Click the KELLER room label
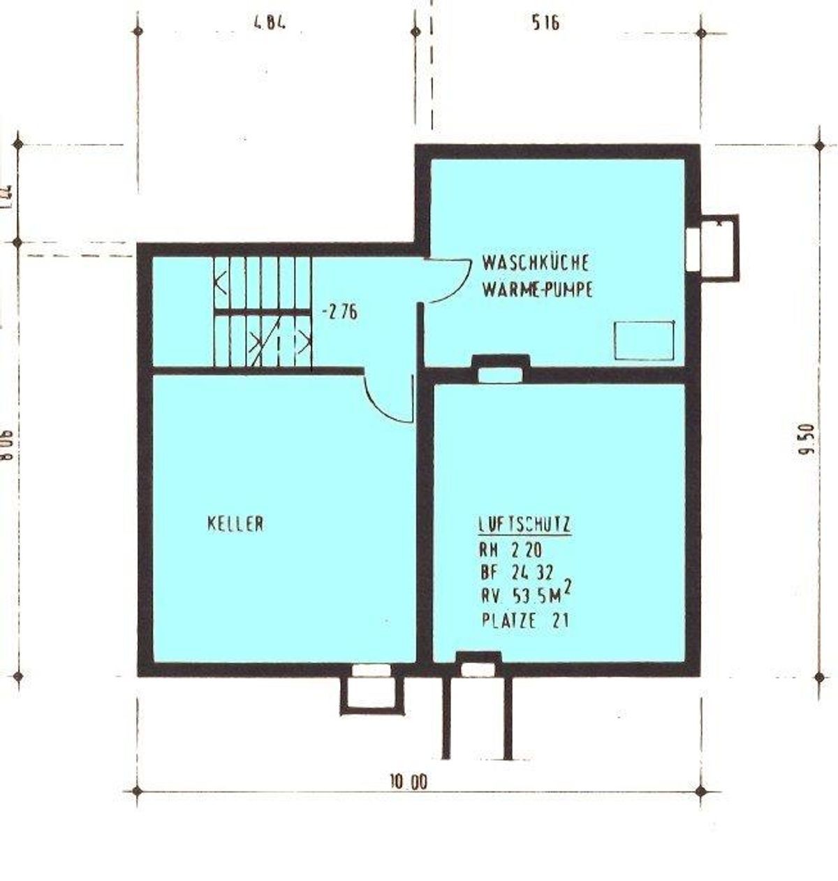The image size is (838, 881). click(x=235, y=523)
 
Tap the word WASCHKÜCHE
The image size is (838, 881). click(x=536, y=263)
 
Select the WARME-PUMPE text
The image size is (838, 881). click(x=537, y=290)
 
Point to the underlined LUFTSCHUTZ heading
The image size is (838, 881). click(x=525, y=525)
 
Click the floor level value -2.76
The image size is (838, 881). click(x=339, y=312)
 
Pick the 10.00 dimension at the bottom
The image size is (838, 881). click(x=409, y=782)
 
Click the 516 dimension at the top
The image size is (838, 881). click(x=545, y=23)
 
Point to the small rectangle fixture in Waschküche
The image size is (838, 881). click(x=644, y=340)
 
